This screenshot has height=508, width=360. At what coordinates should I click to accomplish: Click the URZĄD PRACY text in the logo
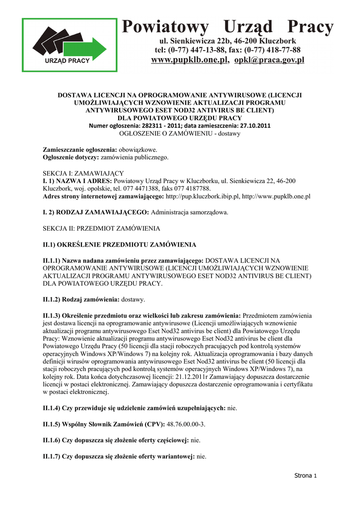click(68, 61)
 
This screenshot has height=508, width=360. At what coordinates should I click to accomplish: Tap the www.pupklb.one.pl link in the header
click(189, 60)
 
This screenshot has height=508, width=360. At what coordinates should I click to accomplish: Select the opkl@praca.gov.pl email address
click(269, 60)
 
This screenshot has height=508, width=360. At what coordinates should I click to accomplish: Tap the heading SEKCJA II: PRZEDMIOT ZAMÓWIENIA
click(101, 229)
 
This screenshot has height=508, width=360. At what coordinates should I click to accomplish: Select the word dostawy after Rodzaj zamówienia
click(133, 300)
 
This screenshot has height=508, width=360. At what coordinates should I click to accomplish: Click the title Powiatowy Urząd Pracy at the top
click(228, 27)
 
